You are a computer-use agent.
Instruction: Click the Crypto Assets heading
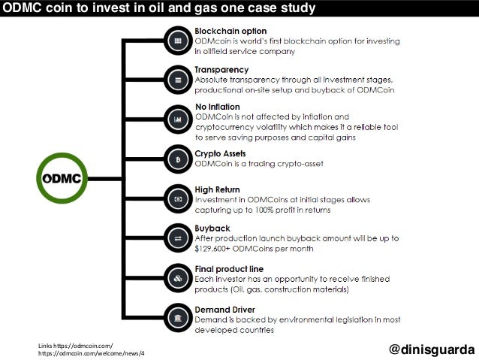(x=221, y=153)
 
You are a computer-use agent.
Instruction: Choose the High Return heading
(x=218, y=189)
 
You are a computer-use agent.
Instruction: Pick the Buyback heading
(x=212, y=228)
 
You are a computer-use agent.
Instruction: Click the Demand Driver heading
(x=224, y=309)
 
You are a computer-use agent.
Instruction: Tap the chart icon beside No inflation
(x=178, y=119)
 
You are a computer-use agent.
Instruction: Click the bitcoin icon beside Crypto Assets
(x=178, y=159)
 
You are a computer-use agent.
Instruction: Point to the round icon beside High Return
(x=178, y=199)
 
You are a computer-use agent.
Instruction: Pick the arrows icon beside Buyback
(x=178, y=238)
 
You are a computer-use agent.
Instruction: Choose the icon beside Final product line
(x=178, y=278)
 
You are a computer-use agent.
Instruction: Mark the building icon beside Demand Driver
(x=178, y=318)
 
